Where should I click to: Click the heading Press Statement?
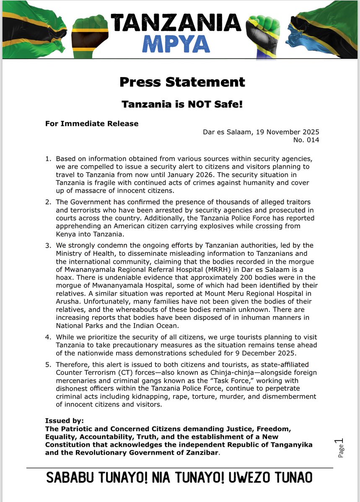click(x=182, y=82)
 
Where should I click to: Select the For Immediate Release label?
click(x=92, y=124)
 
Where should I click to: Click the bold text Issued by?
click(x=65, y=421)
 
